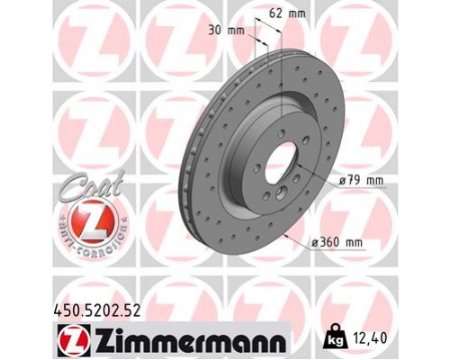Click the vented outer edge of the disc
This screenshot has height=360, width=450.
194,180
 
